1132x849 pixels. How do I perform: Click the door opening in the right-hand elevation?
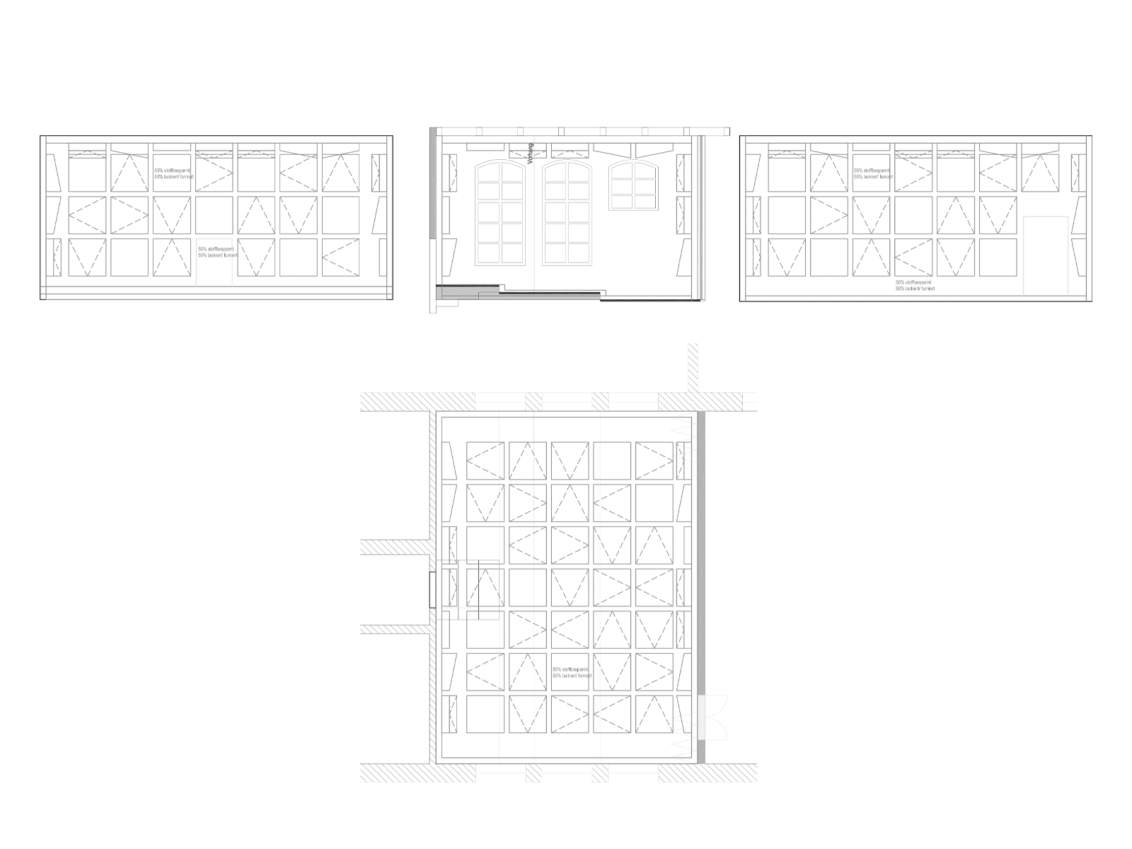tap(1045, 255)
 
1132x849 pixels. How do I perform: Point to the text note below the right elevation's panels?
tap(916, 285)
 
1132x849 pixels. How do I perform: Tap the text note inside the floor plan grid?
tap(571, 672)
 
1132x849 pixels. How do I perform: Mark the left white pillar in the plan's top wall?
tap(533, 402)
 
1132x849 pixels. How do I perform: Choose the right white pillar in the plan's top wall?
tap(600, 402)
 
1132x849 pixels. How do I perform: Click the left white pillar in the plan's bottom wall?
tap(533, 773)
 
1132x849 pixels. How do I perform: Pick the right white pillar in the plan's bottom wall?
tap(600, 773)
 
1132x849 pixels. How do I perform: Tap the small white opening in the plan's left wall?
tap(432, 590)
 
